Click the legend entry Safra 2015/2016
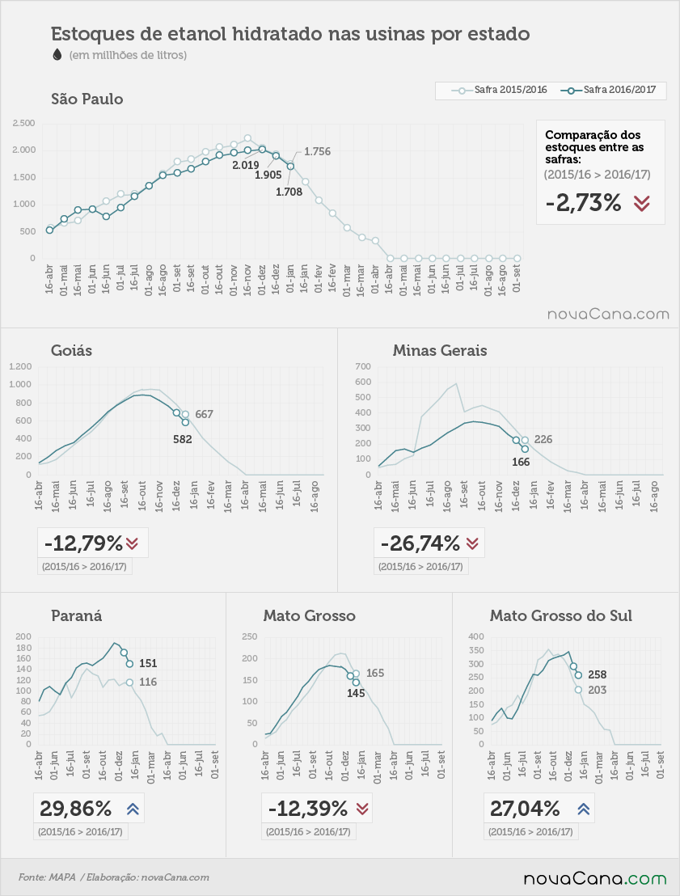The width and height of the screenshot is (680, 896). point(499,90)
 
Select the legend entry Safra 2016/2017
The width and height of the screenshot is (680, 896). point(608,90)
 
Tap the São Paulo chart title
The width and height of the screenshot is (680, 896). point(87,99)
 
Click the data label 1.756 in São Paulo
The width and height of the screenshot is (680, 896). point(317,151)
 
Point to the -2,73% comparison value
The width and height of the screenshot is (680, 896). point(583,202)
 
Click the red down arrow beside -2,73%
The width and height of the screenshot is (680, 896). point(642,204)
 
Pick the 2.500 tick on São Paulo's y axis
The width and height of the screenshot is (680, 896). point(24,123)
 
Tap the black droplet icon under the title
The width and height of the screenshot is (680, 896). point(57,54)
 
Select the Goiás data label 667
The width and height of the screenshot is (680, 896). point(204,414)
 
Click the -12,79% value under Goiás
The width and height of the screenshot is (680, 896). point(83,543)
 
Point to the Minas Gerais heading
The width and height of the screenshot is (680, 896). point(439,350)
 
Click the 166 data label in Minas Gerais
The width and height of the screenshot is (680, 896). point(521,462)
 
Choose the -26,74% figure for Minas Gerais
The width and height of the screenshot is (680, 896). point(420,543)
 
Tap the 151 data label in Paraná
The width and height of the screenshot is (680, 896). point(148,663)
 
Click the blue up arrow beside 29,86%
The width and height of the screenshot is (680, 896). point(133,809)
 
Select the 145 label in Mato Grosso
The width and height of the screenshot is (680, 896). point(356,693)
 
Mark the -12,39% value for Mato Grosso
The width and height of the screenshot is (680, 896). point(307,809)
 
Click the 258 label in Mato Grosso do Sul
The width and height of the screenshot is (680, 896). point(598,675)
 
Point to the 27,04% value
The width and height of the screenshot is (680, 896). point(525,809)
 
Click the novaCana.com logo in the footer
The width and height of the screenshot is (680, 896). point(595,878)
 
